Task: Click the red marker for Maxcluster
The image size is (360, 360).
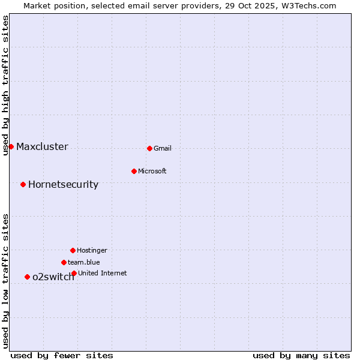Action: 11,146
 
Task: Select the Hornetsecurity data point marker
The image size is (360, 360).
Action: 23,184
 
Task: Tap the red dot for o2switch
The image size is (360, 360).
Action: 27,277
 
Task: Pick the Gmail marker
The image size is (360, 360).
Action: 149,148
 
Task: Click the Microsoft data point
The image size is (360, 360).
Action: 134,171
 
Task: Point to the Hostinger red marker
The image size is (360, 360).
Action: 73,250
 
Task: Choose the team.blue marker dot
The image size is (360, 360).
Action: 64,262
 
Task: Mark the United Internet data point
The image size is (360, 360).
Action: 74,273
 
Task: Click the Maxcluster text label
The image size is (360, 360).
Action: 42,147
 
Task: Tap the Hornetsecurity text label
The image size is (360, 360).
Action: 63,185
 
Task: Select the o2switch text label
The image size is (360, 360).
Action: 53,277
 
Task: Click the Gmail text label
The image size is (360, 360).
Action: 163,149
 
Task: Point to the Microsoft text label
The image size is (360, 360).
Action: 152,172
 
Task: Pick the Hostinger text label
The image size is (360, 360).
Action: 92,251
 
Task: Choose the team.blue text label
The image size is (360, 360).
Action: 84,263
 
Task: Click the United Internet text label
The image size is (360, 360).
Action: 103,274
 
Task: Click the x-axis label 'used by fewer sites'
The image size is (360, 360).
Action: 62,355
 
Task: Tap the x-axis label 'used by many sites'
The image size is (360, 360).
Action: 301,355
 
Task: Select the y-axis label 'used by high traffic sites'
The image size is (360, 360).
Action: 6,85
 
